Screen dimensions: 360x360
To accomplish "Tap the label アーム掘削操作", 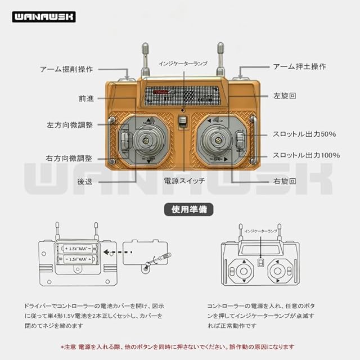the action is pos(66,69).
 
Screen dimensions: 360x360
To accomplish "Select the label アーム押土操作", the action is pos(299,66).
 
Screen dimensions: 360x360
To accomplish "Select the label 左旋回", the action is pos(285,96).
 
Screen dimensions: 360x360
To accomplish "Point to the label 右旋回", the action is pos(285,182).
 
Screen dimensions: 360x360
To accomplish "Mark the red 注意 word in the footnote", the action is pos(72,347).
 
